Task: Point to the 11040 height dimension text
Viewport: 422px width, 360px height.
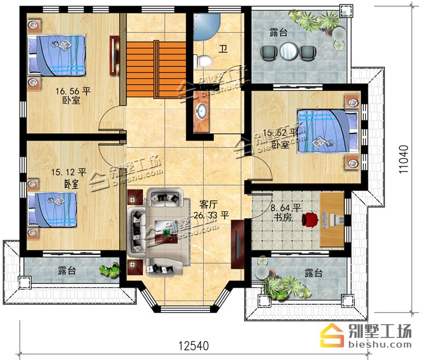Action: (403, 159)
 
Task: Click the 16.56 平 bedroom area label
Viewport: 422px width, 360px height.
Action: (73, 92)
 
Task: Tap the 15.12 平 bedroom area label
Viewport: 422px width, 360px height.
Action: (69, 172)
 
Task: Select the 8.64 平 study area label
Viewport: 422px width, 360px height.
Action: (285, 208)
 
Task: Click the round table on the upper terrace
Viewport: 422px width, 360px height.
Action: (289, 51)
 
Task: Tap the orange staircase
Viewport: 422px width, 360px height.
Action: (156, 69)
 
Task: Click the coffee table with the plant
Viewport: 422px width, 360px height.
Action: (167, 232)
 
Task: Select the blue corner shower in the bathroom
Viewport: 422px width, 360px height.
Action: (206, 27)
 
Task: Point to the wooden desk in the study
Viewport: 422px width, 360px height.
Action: (332, 219)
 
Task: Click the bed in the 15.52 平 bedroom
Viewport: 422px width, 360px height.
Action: (328, 131)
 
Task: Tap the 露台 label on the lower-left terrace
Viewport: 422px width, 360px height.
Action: (67, 271)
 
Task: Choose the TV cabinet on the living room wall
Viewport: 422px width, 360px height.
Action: (237, 244)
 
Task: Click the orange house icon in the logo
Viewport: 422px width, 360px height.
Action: (332, 335)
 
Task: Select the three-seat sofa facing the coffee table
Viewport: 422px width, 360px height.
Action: (137, 232)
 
